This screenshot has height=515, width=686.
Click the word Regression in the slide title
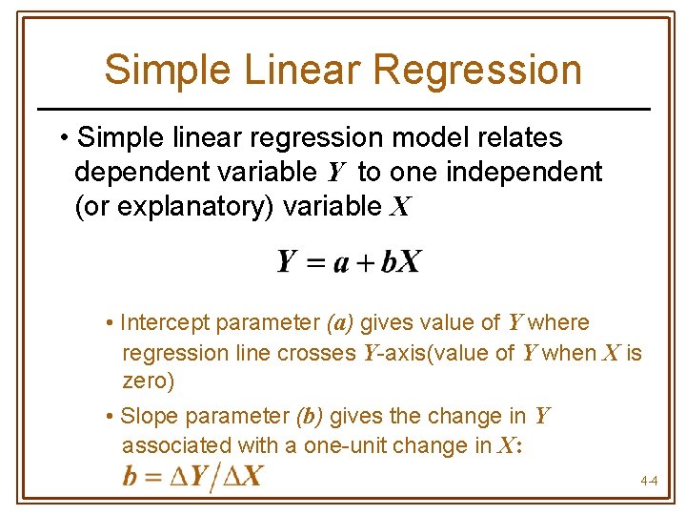[477, 71]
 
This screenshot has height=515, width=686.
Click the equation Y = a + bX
[349, 261]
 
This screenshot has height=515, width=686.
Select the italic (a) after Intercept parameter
[340, 323]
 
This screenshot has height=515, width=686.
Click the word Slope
[151, 417]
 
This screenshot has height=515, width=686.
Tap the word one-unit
[344, 445]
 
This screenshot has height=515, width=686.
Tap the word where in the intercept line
[559, 323]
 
